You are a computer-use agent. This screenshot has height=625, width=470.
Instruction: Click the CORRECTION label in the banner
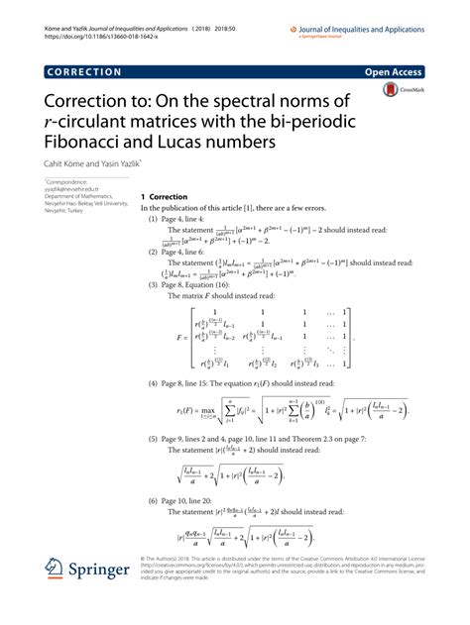83,72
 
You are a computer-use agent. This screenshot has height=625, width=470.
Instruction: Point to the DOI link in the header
95,20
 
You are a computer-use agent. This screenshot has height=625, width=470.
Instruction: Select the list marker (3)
154,284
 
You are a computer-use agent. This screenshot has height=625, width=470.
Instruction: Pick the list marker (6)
154,501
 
